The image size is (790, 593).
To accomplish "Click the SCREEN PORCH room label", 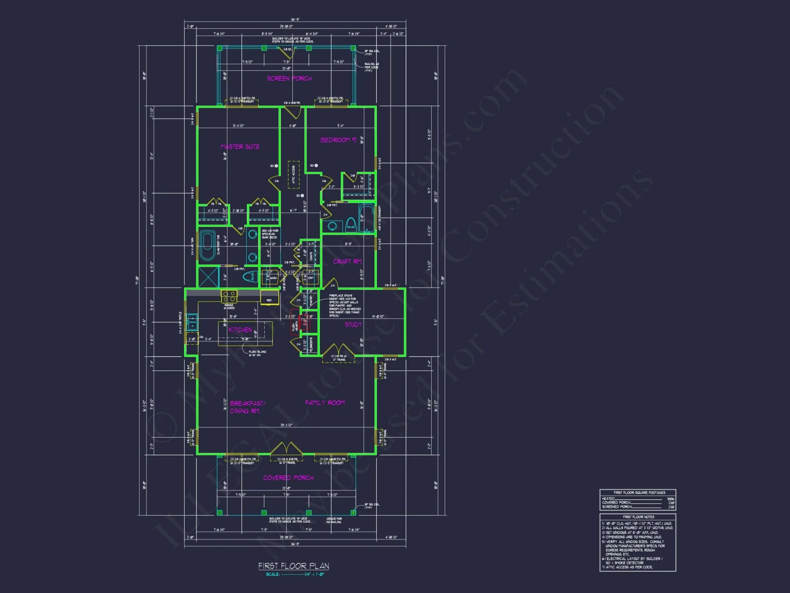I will click(289, 78).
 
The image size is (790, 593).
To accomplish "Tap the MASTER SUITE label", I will click(240, 147).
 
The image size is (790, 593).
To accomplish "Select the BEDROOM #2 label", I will click(339, 140).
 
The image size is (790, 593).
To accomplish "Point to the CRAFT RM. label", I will click(348, 261).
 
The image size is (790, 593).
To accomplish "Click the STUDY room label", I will click(353, 324).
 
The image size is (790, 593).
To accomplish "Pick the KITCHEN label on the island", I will click(240, 329).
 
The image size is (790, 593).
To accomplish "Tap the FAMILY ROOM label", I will click(325, 402).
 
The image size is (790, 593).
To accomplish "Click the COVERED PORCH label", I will click(288, 478).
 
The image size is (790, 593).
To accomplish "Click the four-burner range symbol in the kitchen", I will click(229, 296).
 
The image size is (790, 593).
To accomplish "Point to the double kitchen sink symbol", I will click(192, 322).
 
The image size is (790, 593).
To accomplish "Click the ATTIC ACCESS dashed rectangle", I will click(293, 174).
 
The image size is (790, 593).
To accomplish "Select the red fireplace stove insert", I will click(304, 322).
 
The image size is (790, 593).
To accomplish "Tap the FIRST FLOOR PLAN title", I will click(293, 566).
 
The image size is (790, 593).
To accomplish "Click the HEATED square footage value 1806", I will click(670, 499).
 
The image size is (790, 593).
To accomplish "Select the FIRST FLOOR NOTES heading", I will click(638, 517).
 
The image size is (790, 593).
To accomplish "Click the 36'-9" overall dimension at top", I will click(295, 19).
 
